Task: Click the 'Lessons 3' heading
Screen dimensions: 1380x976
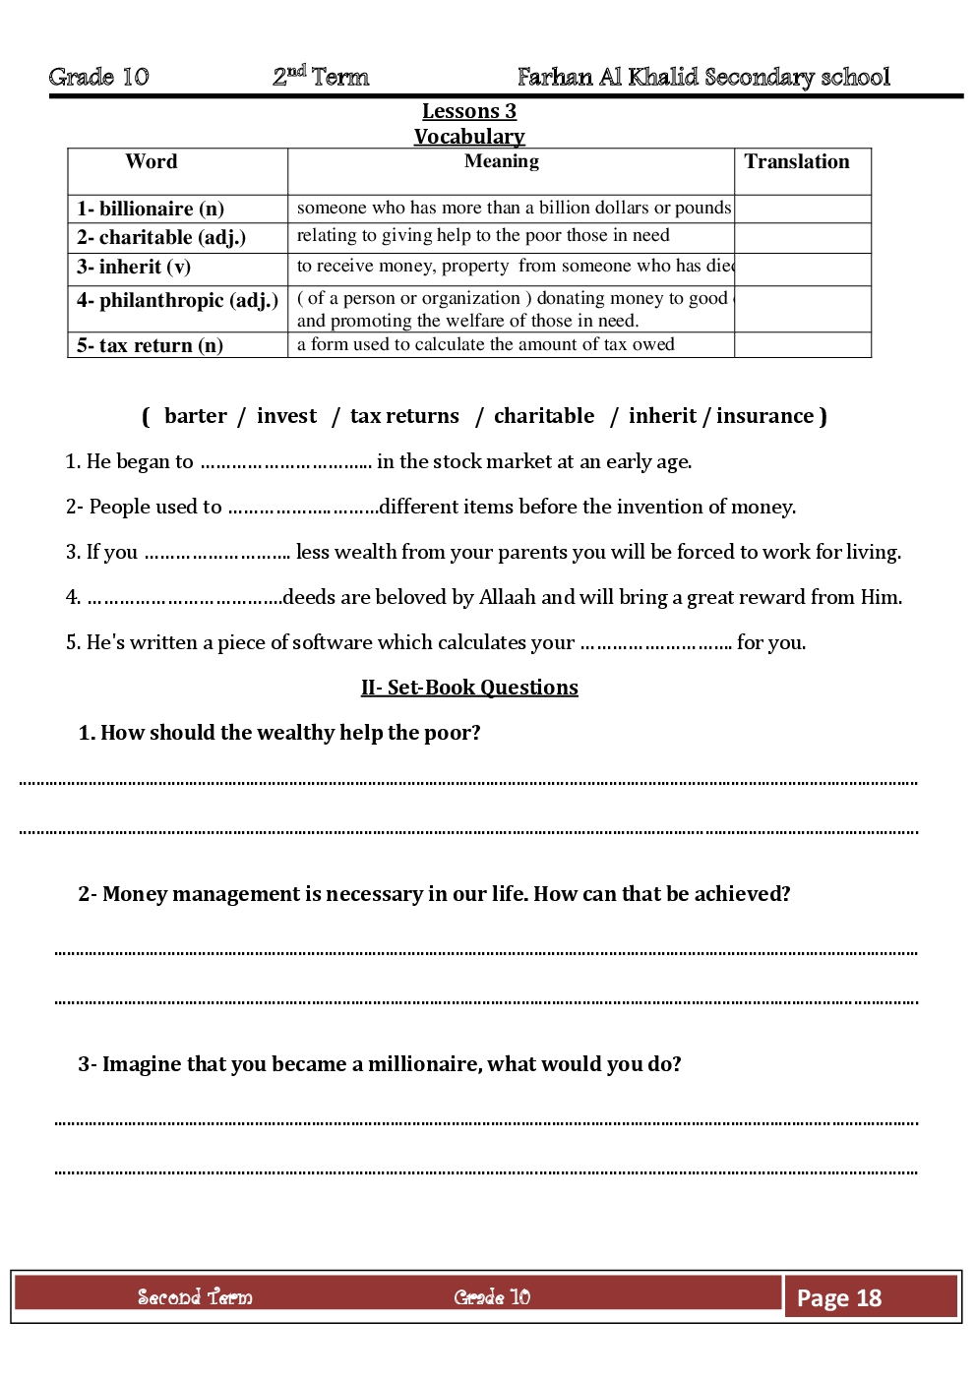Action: click(x=469, y=111)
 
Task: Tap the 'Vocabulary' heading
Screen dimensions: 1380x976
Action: click(x=469, y=137)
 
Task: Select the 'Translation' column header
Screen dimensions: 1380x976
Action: click(x=797, y=162)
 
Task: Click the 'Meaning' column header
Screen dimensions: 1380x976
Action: click(x=502, y=161)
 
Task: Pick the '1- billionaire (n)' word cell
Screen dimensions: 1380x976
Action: click(x=151, y=209)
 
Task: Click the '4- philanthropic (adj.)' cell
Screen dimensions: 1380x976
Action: click(x=177, y=300)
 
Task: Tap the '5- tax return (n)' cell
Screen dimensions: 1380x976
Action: click(x=150, y=345)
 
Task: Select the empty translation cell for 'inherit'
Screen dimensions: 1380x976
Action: click(x=802, y=269)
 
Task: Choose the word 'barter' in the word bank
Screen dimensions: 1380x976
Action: click(x=196, y=416)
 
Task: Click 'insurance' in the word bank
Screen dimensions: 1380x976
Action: click(x=764, y=416)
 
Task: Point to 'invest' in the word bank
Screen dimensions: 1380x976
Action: click(x=286, y=416)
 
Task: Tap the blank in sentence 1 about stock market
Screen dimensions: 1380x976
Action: click(x=285, y=463)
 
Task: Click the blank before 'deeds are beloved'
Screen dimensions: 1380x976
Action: click(x=184, y=599)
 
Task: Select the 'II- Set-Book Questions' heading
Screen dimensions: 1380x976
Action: click(x=469, y=688)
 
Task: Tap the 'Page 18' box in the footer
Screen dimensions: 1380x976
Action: click(x=839, y=1298)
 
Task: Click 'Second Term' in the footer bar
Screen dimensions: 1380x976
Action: click(x=195, y=1297)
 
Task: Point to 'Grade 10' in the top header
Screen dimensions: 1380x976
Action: click(x=98, y=77)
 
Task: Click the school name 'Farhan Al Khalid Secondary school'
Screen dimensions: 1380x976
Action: click(x=703, y=77)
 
